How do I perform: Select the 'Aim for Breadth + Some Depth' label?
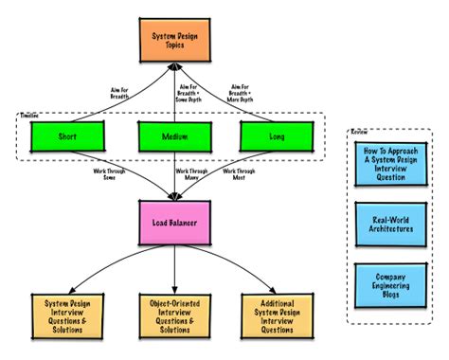195,91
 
